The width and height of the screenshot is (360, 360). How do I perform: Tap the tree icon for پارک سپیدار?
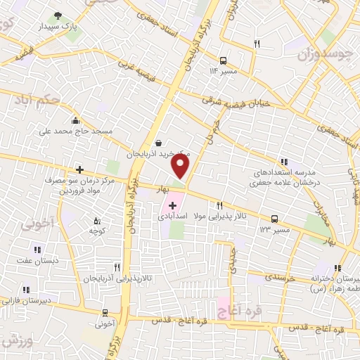tap(57, 16)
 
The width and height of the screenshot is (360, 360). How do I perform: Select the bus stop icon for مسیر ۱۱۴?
tap(223, 61)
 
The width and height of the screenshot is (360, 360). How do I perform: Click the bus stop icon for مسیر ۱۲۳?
tap(275, 219)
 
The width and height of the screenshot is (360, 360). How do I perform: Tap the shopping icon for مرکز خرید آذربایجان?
tap(159, 143)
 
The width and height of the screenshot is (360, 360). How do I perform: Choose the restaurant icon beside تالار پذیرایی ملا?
tap(220, 206)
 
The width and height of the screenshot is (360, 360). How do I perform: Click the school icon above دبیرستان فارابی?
tap(26, 289)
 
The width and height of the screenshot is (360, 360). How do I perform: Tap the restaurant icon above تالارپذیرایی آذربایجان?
tap(117, 268)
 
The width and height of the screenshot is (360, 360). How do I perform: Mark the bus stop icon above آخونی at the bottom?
tap(105, 313)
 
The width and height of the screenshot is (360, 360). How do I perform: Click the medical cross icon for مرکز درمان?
tap(80, 169)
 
